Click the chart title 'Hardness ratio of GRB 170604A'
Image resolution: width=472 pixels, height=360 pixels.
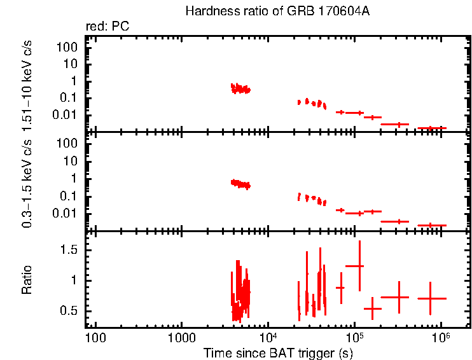(277, 11)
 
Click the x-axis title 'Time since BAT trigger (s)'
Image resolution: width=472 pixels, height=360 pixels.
(278, 352)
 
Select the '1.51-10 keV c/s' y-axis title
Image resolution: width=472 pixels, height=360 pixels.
(27, 84)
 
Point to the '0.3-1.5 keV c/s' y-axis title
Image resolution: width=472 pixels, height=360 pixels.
(27, 183)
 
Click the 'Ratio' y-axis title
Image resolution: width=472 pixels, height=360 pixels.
(27, 280)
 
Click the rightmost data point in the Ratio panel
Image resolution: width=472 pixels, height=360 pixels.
(431, 298)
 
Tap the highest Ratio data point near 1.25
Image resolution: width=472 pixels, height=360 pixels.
(359, 266)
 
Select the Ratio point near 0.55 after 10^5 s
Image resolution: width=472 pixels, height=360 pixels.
(372, 308)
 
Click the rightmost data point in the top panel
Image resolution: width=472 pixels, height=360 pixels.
(431, 128)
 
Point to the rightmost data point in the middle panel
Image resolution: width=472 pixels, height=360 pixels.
(431, 225)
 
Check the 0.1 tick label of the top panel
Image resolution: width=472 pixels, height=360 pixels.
(70, 98)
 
